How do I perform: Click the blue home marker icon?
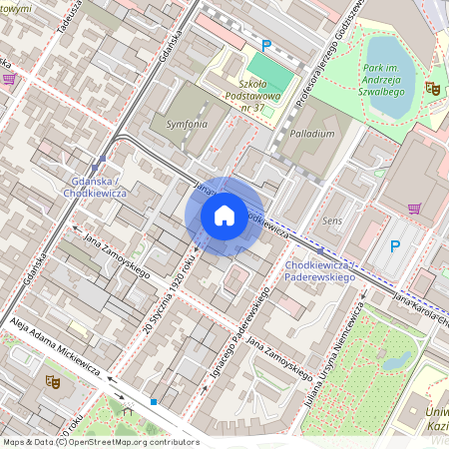tap(224, 216)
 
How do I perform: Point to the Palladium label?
tap(312, 133)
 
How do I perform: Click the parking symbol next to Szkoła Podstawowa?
tap(265, 45)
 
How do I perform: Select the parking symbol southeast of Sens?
tap(394, 245)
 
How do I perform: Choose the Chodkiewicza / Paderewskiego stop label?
tap(320, 270)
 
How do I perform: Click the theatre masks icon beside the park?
tap(433, 88)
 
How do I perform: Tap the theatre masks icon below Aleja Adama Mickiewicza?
tap(52, 380)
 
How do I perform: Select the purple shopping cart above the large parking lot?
tap(414, 209)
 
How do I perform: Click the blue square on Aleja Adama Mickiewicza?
tap(154, 401)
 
